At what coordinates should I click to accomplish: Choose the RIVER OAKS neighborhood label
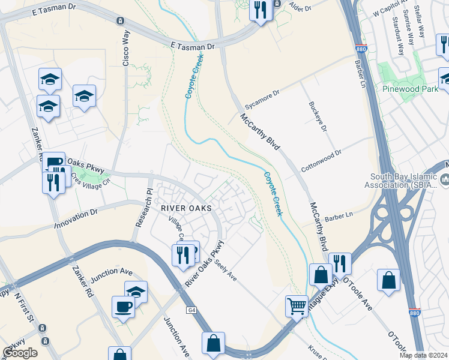point(186,208)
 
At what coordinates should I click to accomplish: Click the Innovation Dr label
point(76,219)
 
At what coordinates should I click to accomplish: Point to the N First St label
point(26,307)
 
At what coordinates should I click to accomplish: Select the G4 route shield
point(191,310)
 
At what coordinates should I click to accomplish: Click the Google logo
point(20,353)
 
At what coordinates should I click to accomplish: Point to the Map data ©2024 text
point(424,355)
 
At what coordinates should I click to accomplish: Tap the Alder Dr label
point(301,8)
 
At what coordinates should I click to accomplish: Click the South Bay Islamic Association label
point(406,179)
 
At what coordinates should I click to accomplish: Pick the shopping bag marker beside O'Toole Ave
point(388,280)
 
